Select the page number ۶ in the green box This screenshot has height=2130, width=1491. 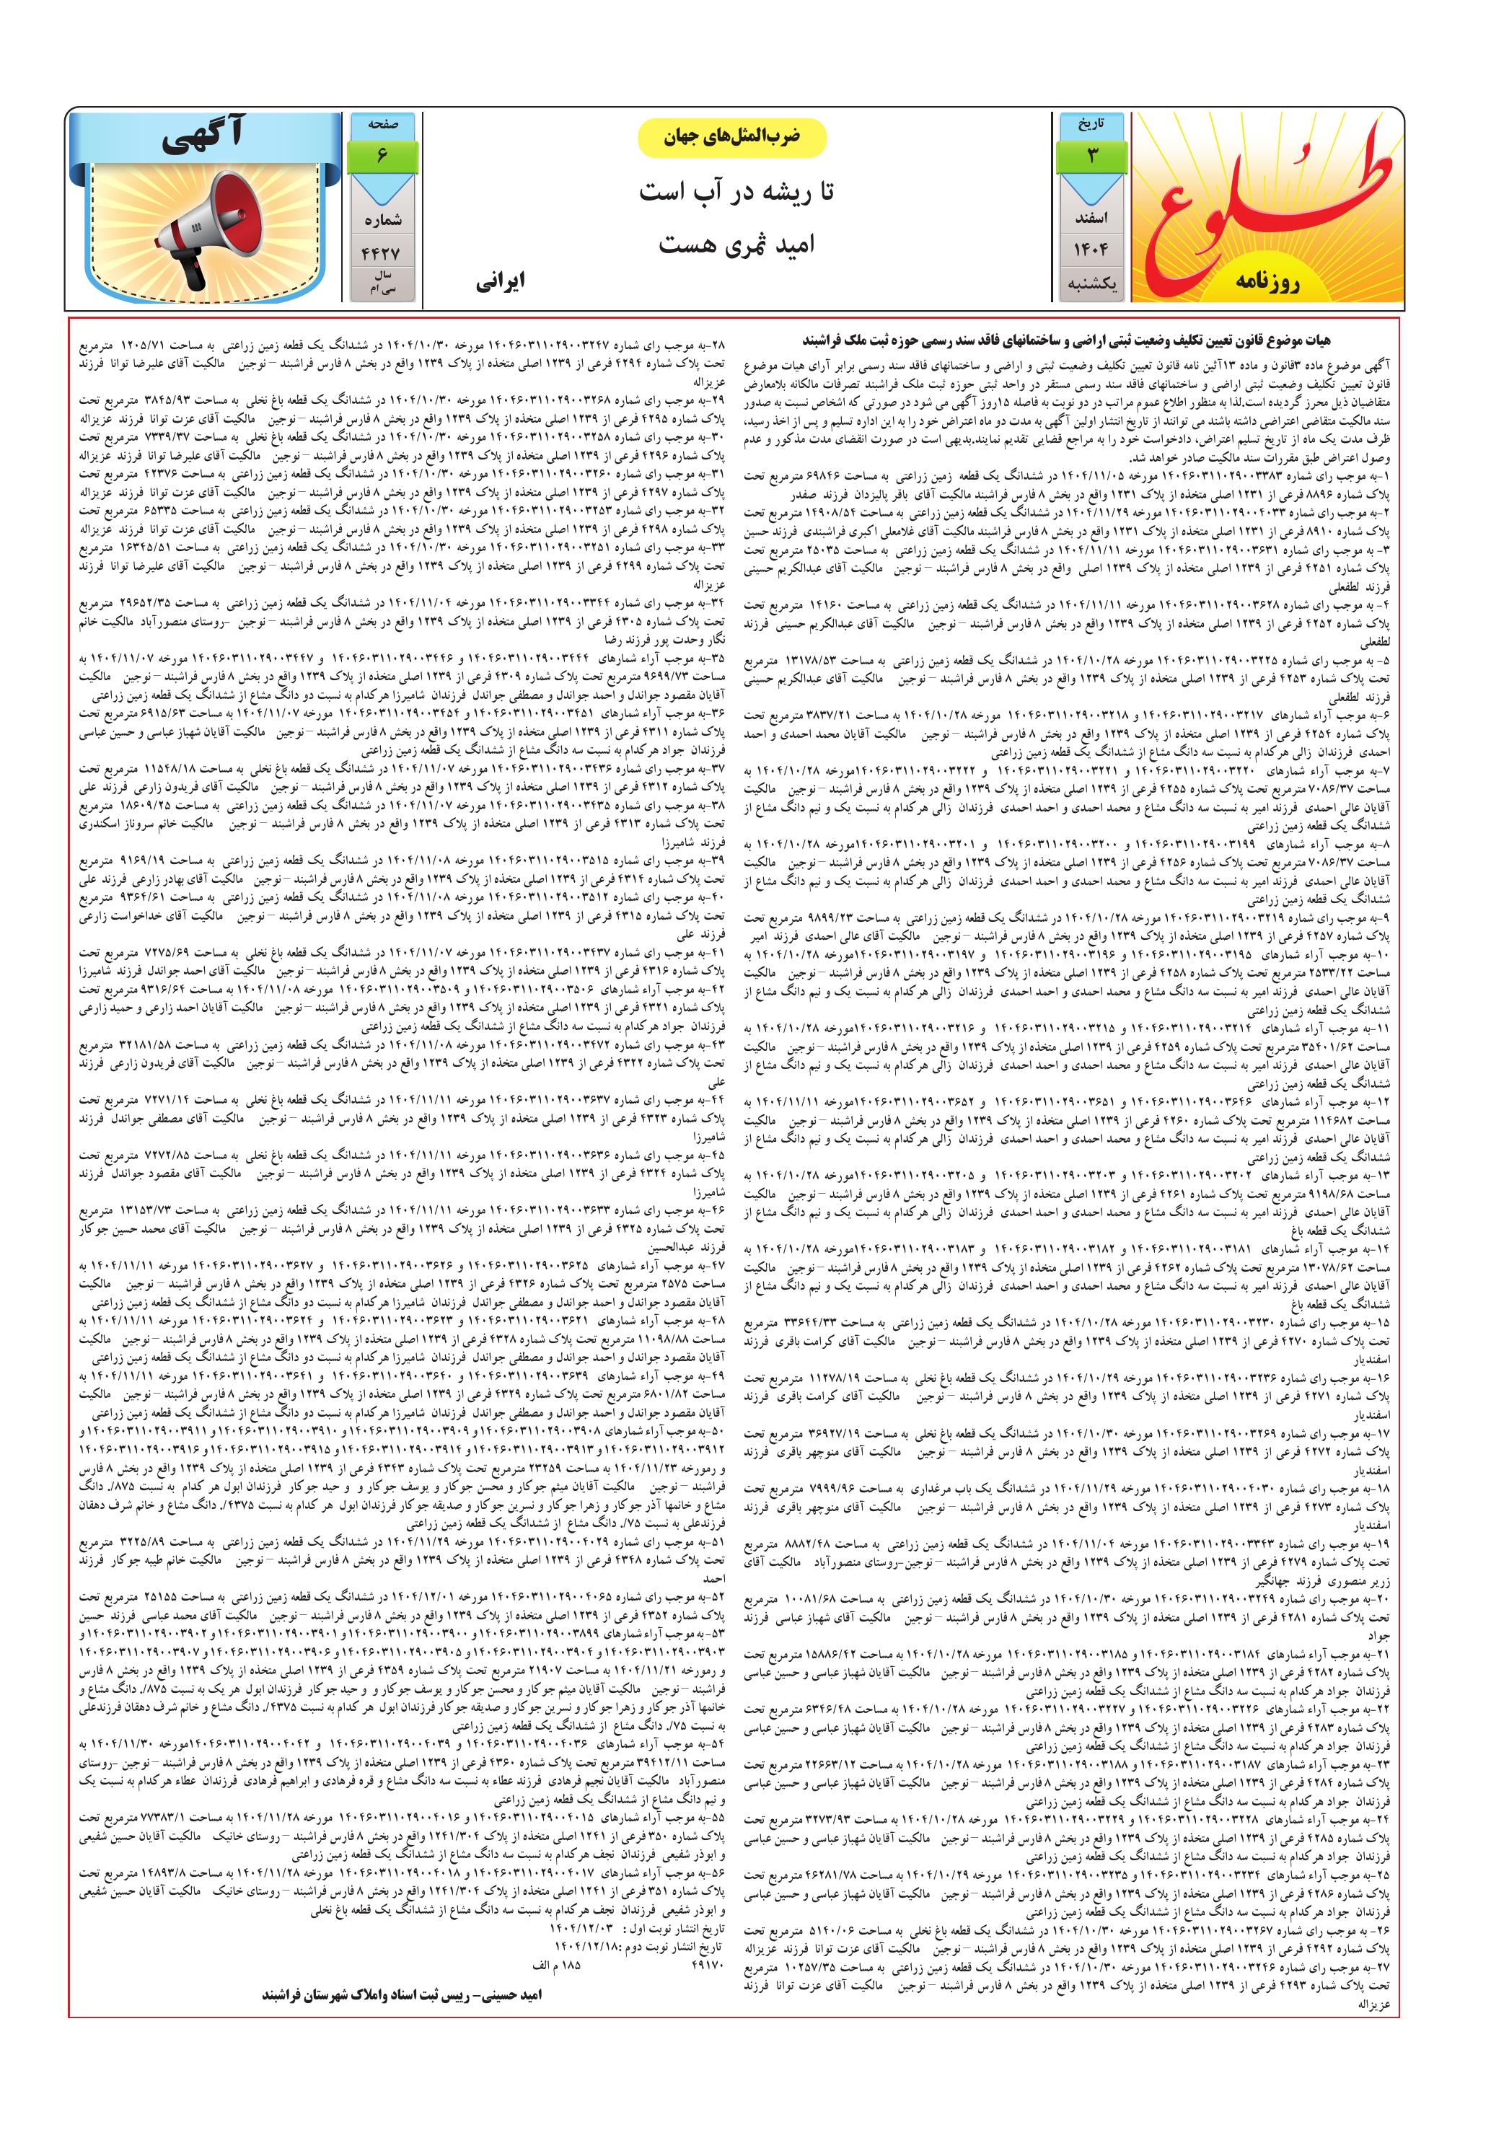(x=382, y=156)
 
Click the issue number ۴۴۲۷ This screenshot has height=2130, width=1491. (x=382, y=252)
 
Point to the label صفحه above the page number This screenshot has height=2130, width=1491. (x=382, y=124)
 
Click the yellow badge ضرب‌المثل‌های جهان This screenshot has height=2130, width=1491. (x=732, y=137)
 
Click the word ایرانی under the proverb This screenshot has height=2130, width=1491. (x=501, y=282)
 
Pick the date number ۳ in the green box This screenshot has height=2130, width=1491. (x=1091, y=156)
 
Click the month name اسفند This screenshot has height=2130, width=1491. (x=1091, y=219)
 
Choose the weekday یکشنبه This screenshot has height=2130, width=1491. (x=1091, y=284)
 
